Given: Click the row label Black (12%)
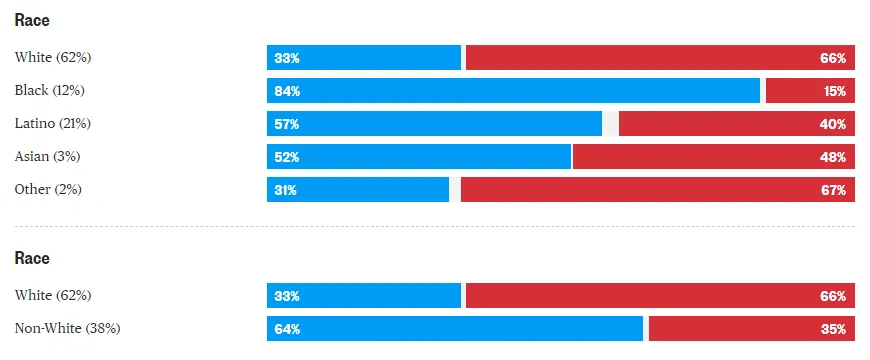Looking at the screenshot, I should (49, 91).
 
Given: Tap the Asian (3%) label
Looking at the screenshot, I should (47, 157).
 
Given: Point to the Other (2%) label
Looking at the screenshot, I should (48, 190).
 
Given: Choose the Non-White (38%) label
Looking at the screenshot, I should (68, 329).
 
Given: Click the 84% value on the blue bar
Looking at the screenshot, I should (287, 91).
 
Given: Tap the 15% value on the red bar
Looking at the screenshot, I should (834, 91).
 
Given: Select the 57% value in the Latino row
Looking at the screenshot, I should (287, 124).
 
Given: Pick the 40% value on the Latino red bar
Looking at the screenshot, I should (833, 124).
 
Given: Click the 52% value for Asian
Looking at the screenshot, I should (287, 157).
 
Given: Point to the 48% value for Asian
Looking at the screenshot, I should (833, 157).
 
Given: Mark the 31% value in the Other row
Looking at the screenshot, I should (286, 190).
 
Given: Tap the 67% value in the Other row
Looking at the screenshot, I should (833, 190).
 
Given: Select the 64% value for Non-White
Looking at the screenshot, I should (287, 329).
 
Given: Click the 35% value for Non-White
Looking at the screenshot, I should (833, 329).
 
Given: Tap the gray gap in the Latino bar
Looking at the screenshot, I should (610, 124).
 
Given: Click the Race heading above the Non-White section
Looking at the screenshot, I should (32, 259).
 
